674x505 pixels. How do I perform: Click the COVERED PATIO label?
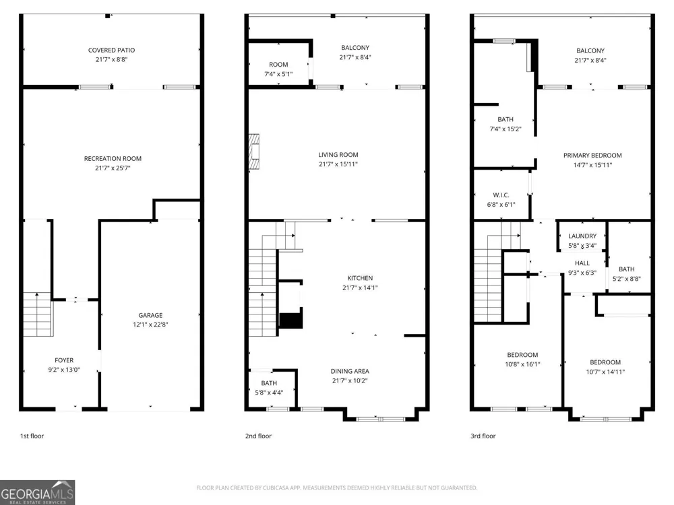point(111,50)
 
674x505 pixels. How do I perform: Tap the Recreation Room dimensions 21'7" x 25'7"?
point(113,168)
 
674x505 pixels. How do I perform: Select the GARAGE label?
point(150,315)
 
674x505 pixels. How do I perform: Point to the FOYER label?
point(64,360)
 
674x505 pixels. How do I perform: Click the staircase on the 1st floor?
point(38,314)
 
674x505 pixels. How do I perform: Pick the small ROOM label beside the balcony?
point(278,65)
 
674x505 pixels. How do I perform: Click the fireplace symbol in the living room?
point(254,152)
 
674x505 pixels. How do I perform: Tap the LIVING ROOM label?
point(338,155)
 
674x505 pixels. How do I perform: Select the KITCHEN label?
point(360,278)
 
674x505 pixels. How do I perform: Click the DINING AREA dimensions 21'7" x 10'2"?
point(350,380)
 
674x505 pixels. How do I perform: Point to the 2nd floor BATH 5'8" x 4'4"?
point(269,387)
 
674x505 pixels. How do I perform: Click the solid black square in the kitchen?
point(291,321)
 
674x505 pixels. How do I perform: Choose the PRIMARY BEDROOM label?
point(592,156)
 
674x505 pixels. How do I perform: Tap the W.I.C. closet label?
point(501,195)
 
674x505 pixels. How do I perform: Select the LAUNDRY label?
point(582,236)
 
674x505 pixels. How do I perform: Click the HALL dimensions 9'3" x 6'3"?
point(582,273)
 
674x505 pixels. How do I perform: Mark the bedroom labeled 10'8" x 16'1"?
point(523,360)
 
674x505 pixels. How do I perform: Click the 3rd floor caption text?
point(483,436)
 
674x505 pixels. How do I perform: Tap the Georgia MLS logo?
point(37,492)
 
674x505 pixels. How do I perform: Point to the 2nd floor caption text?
point(258,436)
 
